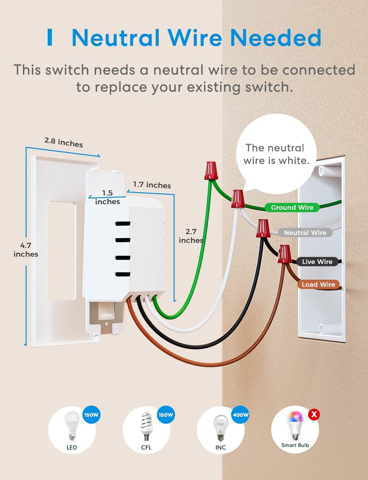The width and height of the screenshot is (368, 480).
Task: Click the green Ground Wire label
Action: tap(292, 208)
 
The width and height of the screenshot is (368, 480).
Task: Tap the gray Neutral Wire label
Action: tap(305, 232)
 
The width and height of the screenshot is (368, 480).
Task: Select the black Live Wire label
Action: tap(317, 262)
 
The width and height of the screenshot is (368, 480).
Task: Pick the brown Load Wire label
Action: tap(318, 284)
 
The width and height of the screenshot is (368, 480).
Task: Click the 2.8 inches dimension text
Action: tap(64, 142)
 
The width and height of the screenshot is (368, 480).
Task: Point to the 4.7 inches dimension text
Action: tap(26, 250)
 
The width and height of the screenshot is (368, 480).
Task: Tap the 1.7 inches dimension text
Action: tap(152, 185)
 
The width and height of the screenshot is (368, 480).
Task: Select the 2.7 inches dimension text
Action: tap(191, 236)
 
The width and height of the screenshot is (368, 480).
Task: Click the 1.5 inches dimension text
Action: tap(107, 197)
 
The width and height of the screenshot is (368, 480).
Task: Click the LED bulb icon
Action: tap(72, 425)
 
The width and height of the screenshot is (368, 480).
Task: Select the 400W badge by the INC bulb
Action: tap(241, 415)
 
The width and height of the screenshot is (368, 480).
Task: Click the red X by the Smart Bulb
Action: tap(314, 414)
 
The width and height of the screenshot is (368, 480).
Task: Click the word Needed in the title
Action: tap(275, 38)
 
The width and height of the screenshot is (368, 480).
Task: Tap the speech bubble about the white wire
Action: tap(276, 154)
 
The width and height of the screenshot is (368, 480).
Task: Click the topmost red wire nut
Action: tap(211, 170)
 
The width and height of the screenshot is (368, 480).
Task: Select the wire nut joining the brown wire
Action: tap(284, 254)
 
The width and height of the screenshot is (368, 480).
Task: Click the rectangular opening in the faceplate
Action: tap(62, 250)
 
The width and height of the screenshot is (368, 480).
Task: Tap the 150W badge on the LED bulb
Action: tap(91, 415)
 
